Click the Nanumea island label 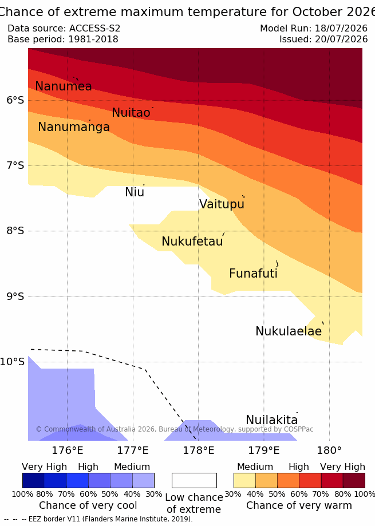click(x=64, y=86)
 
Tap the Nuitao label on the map click(x=131, y=113)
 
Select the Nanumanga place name click(x=74, y=127)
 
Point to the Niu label click(x=135, y=192)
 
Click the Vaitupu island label click(x=222, y=204)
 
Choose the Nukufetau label click(x=192, y=242)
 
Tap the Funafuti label click(x=253, y=274)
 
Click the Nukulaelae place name click(x=289, y=331)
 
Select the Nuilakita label click(x=272, y=420)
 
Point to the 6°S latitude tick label click(x=15, y=100)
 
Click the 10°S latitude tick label click(x=12, y=362)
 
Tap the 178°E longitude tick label click(x=198, y=450)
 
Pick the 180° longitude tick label click(x=329, y=450)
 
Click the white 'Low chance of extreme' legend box click(x=194, y=480)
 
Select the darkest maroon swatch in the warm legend click(x=354, y=480)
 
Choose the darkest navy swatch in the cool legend click(x=34, y=480)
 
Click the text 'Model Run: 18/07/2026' click(x=314, y=29)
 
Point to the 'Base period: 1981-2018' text click(x=63, y=39)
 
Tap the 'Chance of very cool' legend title click(x=88, y=505)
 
